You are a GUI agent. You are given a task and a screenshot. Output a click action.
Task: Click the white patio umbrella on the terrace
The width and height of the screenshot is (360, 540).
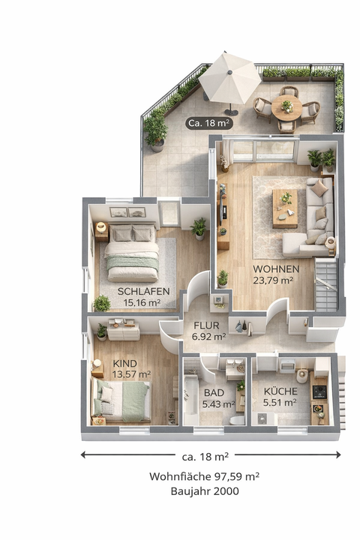[230, 76]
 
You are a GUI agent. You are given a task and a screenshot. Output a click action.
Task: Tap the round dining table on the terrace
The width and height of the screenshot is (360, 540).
[286, 107]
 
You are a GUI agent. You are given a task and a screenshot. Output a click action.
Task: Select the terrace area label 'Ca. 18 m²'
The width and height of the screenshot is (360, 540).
[209, 122]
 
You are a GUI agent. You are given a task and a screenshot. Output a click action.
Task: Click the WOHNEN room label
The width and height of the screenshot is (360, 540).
[276, 269]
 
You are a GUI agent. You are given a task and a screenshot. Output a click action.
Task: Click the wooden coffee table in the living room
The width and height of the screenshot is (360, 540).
[285, 208]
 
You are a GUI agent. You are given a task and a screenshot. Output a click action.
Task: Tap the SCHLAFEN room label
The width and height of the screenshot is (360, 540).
[144, 291]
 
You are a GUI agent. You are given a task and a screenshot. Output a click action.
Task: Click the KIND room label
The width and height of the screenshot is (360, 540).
[124, 363]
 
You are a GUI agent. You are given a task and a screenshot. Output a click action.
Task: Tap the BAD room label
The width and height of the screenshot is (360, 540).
[214, 392]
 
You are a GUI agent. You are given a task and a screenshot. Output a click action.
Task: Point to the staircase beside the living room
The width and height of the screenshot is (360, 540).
[326, 285]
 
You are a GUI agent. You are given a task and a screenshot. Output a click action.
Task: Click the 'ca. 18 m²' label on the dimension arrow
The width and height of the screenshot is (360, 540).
[205, 455]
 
